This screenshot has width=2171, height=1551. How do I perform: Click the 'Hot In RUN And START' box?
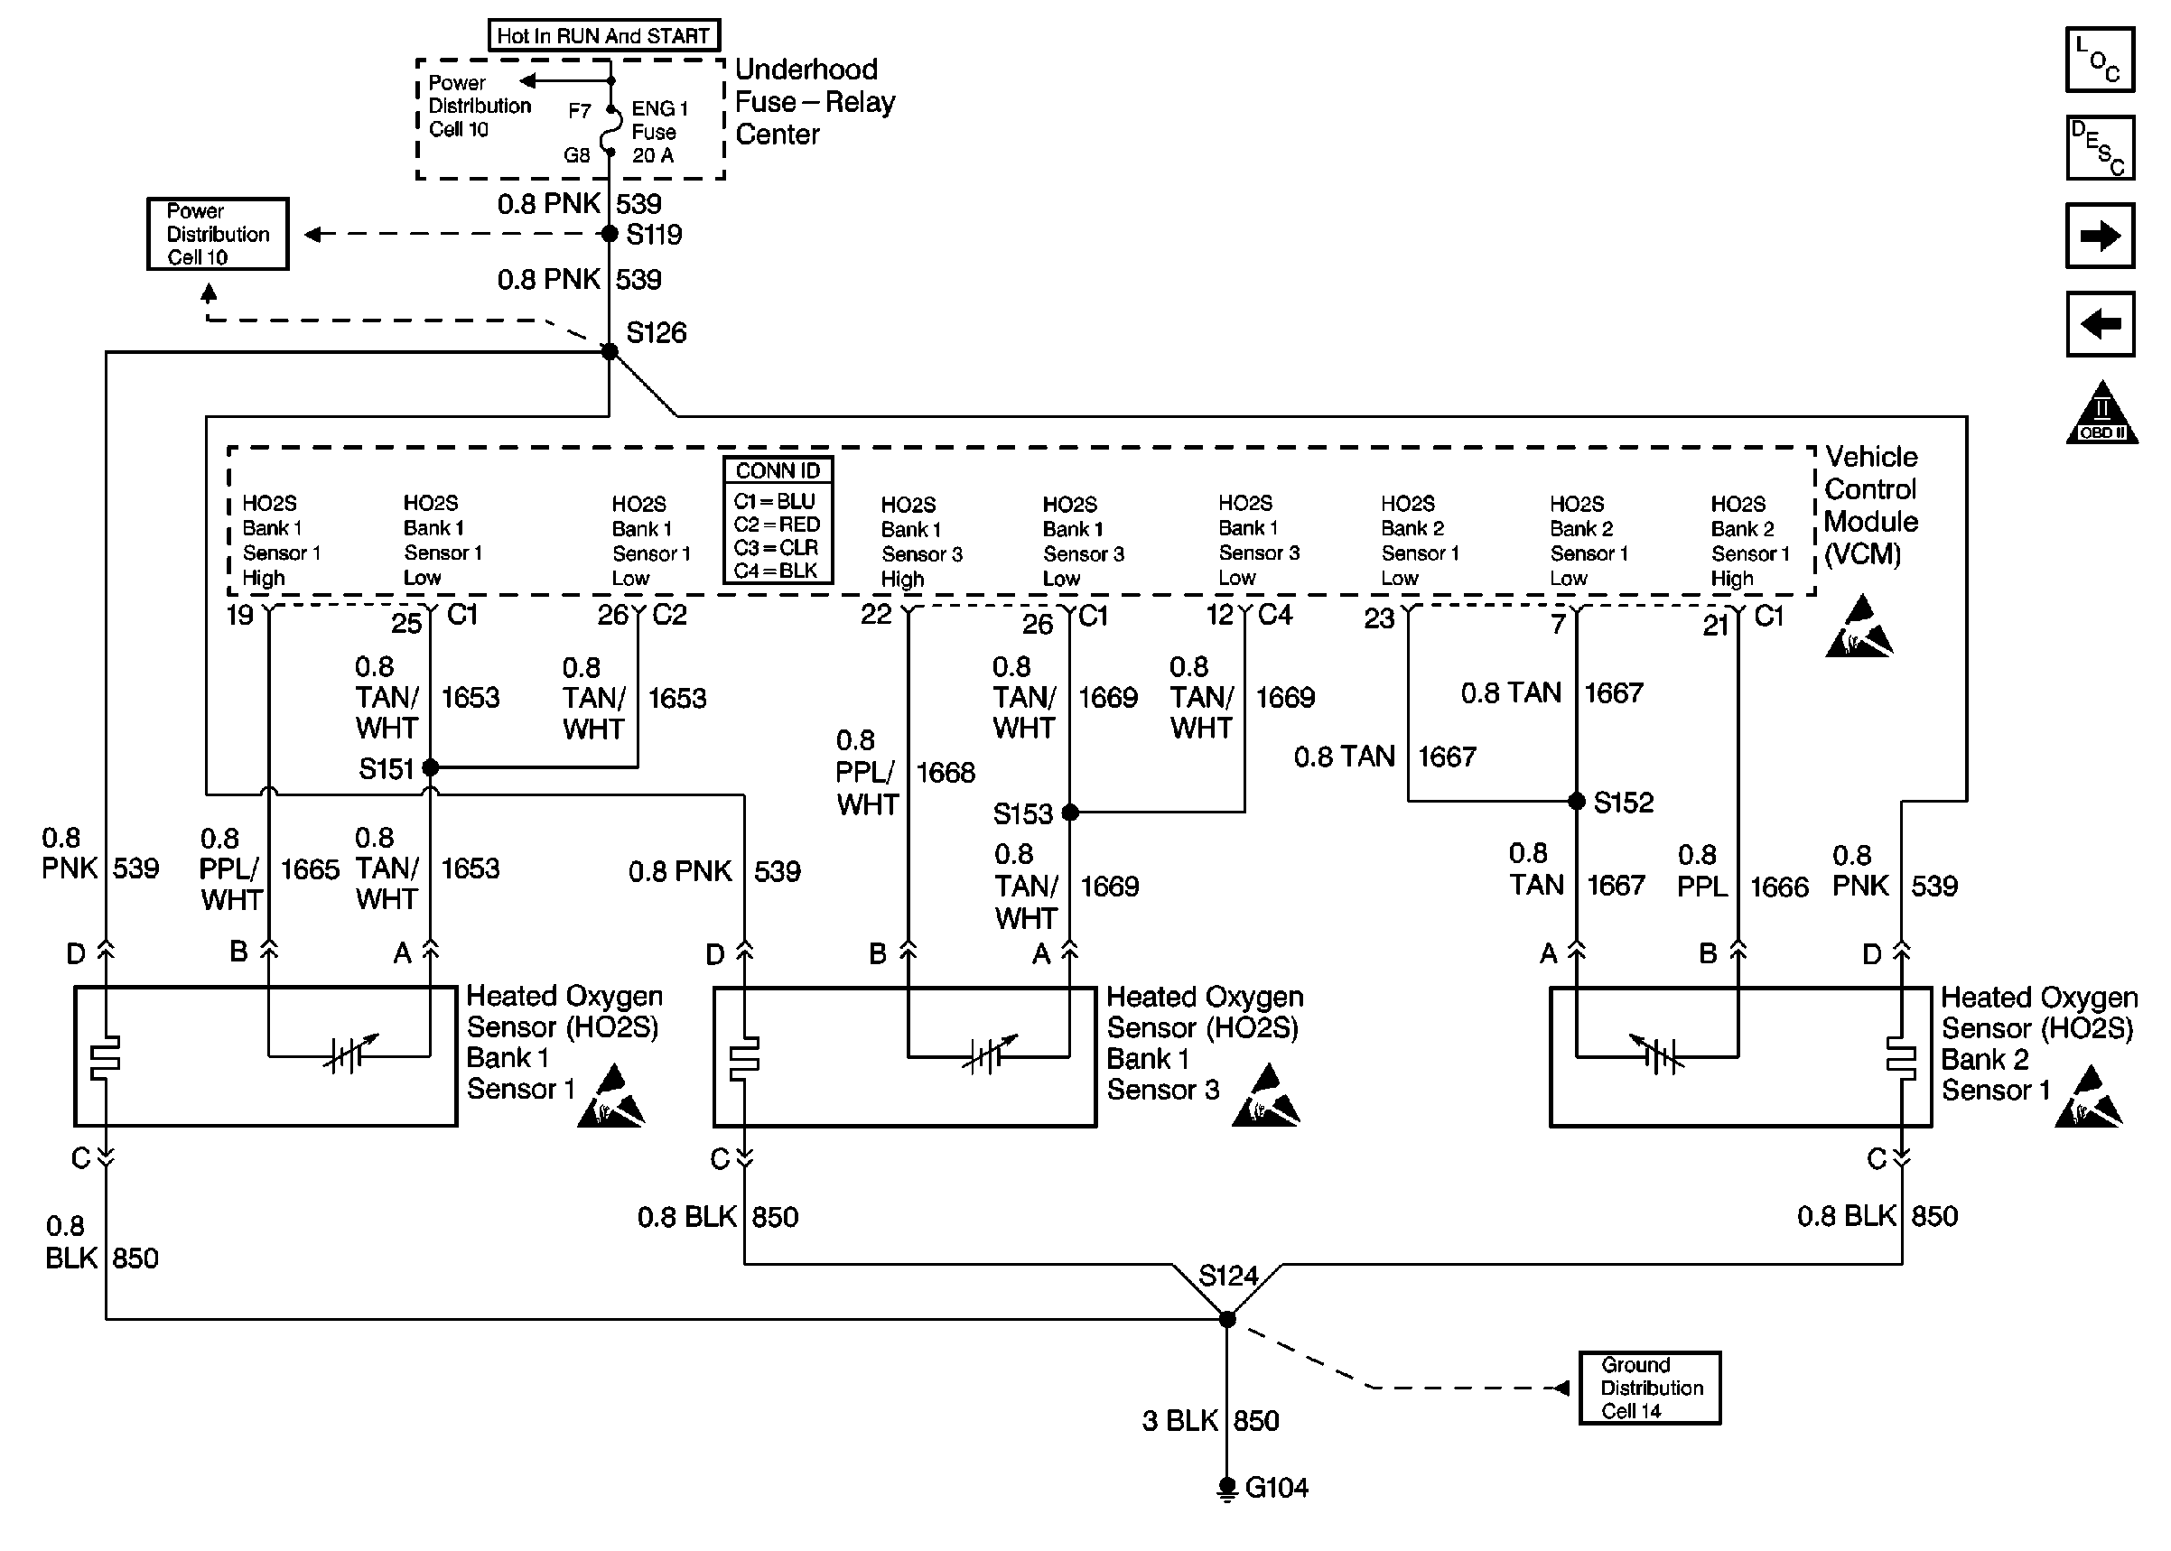tap(602, 36)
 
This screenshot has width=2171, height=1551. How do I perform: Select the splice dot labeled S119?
tap(610, 234)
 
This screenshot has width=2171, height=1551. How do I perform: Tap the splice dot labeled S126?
tap(610, 351)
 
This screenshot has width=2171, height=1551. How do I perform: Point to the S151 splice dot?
tap(431, 766)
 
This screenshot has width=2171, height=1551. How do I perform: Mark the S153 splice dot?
tap(1070, 813)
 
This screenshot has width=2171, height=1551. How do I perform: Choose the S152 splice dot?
tap(1577, 802)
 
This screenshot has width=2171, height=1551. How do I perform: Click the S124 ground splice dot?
tap(1227, 1319)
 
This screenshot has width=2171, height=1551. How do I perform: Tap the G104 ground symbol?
tap(1227, 1488)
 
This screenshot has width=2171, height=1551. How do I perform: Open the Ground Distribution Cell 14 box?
tap(1650, 1388)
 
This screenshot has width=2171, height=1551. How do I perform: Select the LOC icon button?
tap(2100, 60)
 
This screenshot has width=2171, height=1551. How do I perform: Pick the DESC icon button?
tap(2100, 148)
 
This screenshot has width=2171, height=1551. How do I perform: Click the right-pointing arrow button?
tap(2100, 236)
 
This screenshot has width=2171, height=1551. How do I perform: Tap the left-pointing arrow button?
tap(2100, 324)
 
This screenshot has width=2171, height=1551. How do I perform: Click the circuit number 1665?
tap(310, 869)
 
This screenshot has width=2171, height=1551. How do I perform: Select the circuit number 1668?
tap(946, 773)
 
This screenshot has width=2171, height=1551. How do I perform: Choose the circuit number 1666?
tap(1778, 887)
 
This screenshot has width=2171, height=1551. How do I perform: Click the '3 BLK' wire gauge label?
tap(1179, 1421)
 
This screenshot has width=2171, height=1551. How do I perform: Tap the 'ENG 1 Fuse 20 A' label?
tap(659, 132)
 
